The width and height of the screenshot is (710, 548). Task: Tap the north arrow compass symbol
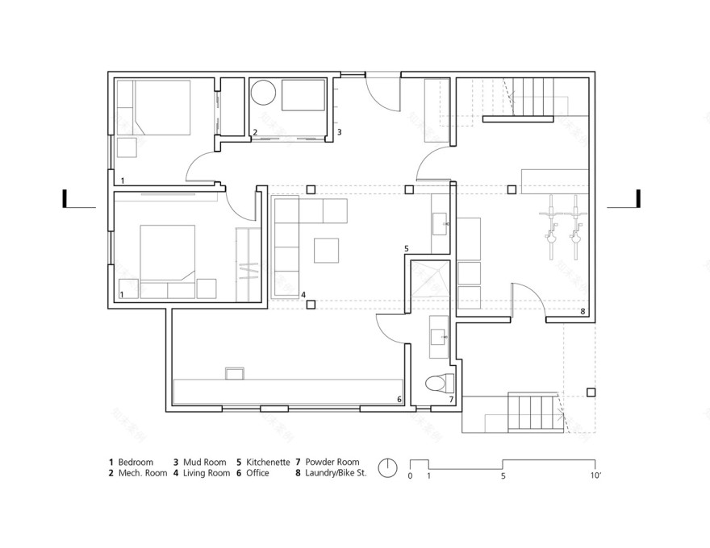click(389, 467)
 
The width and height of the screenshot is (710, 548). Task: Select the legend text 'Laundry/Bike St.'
click(336, 474)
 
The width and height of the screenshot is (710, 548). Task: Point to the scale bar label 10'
click(596, 477)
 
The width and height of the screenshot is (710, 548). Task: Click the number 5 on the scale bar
click(503, 477)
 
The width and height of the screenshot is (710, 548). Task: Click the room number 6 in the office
click(399, 400)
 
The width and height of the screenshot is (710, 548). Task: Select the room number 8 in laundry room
click(582, 310)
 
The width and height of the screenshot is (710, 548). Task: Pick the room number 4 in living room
click(303, 296)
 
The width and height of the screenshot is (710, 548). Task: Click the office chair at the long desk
click(234, 372)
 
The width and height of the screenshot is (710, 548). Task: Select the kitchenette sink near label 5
click(441, 221)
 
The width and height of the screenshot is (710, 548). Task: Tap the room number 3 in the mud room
click(339, 132)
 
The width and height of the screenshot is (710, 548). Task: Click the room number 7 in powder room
click(451, 400)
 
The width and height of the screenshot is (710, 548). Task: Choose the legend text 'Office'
click(259, 474)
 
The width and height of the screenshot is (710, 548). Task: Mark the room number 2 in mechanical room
click(255, 132)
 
